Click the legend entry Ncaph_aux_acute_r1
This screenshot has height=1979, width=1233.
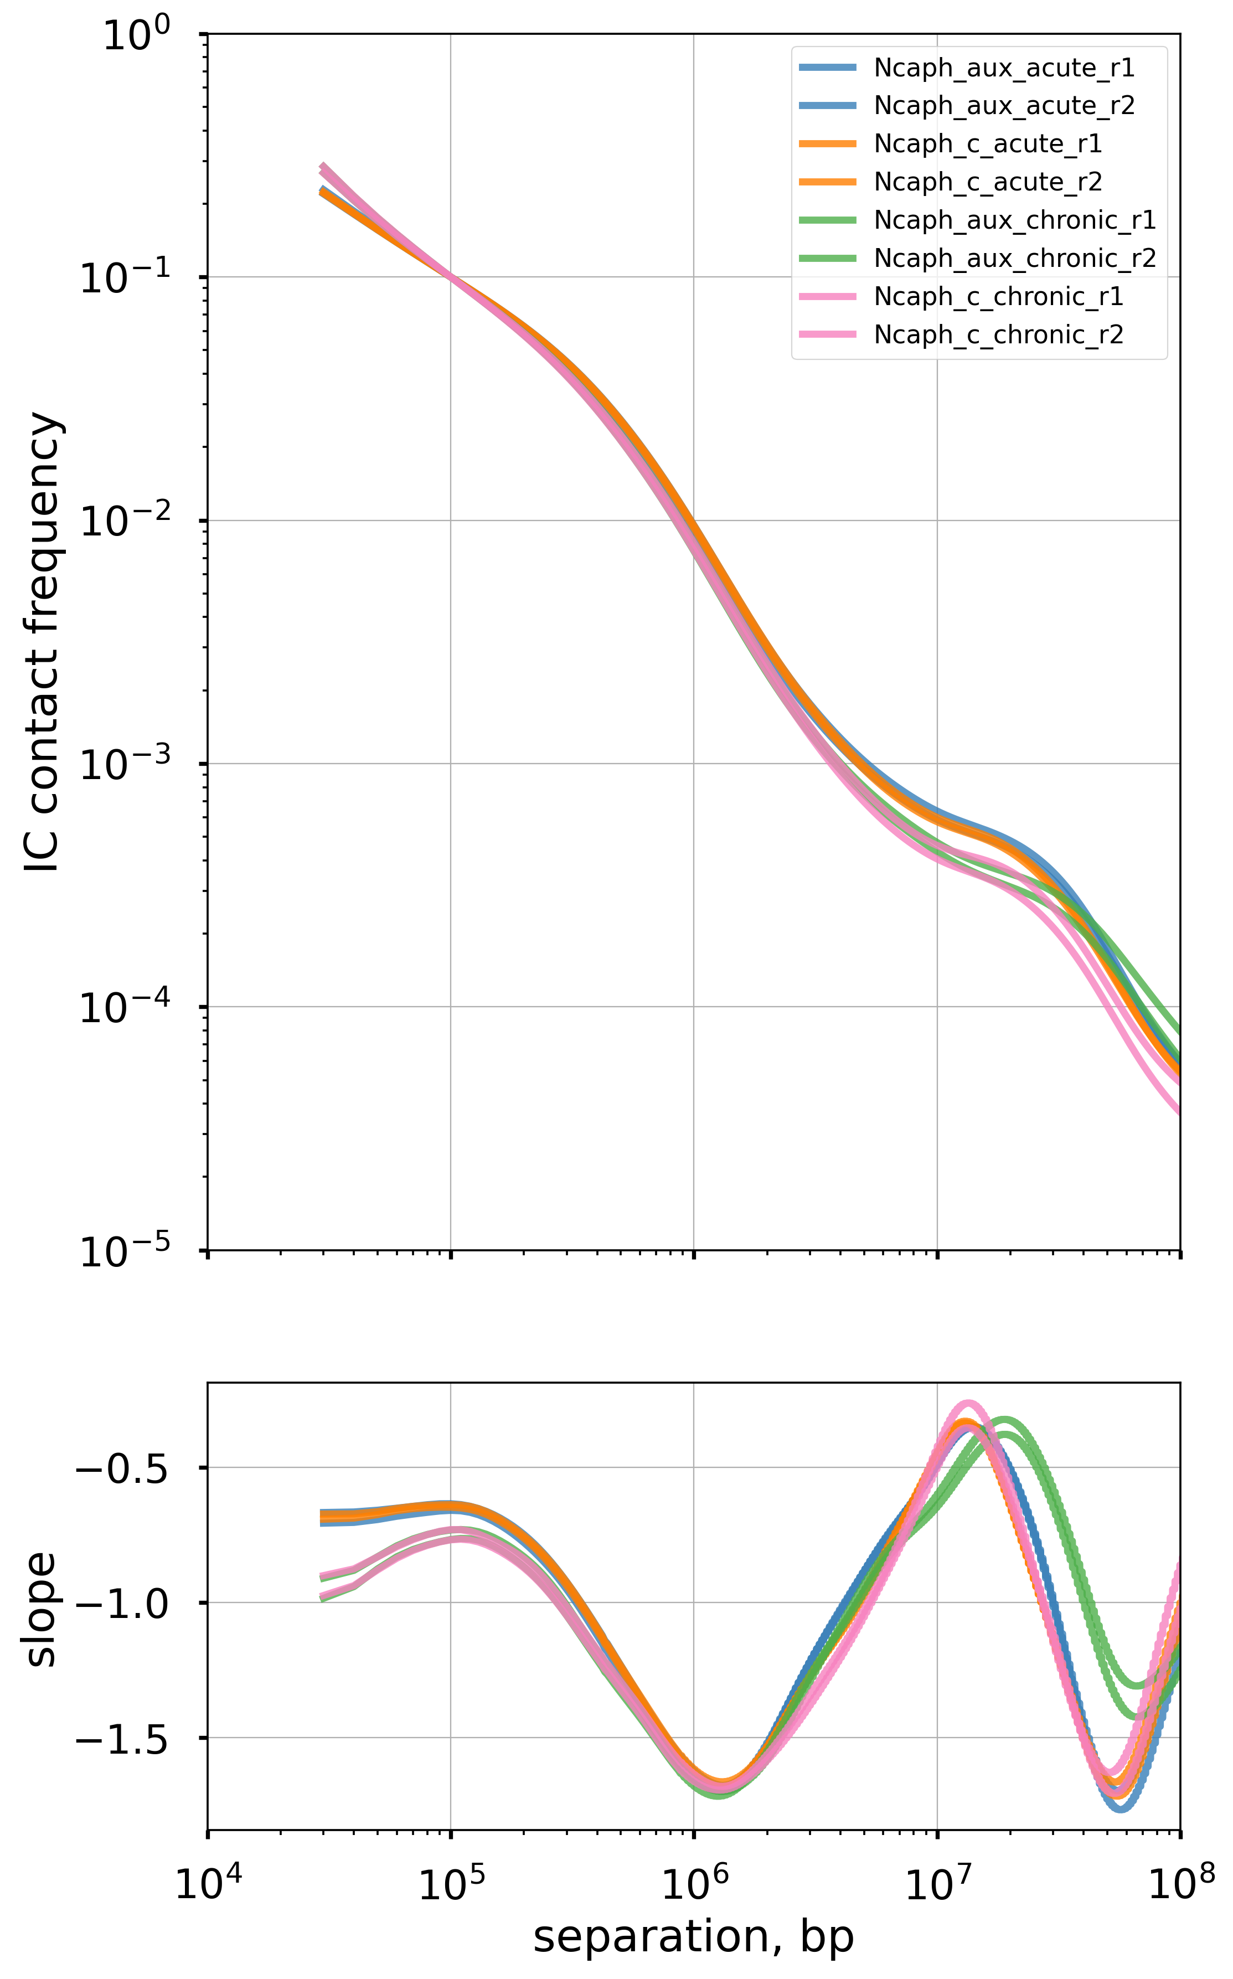(1004, 69)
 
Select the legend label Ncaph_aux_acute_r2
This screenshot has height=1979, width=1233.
(1004, 106)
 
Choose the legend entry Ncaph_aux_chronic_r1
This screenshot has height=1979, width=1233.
(1014, 220)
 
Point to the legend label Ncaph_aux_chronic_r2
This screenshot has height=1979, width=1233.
(1014, 259)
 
